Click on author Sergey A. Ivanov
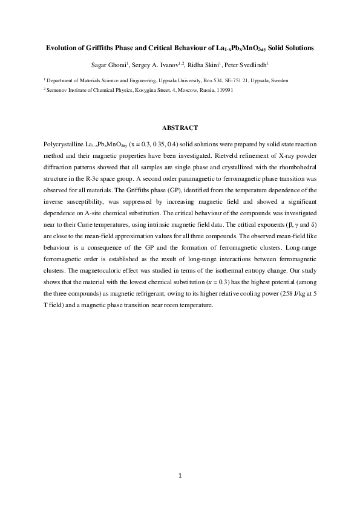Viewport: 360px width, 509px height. pos(158,63)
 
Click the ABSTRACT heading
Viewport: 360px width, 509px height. pos(180,128)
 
